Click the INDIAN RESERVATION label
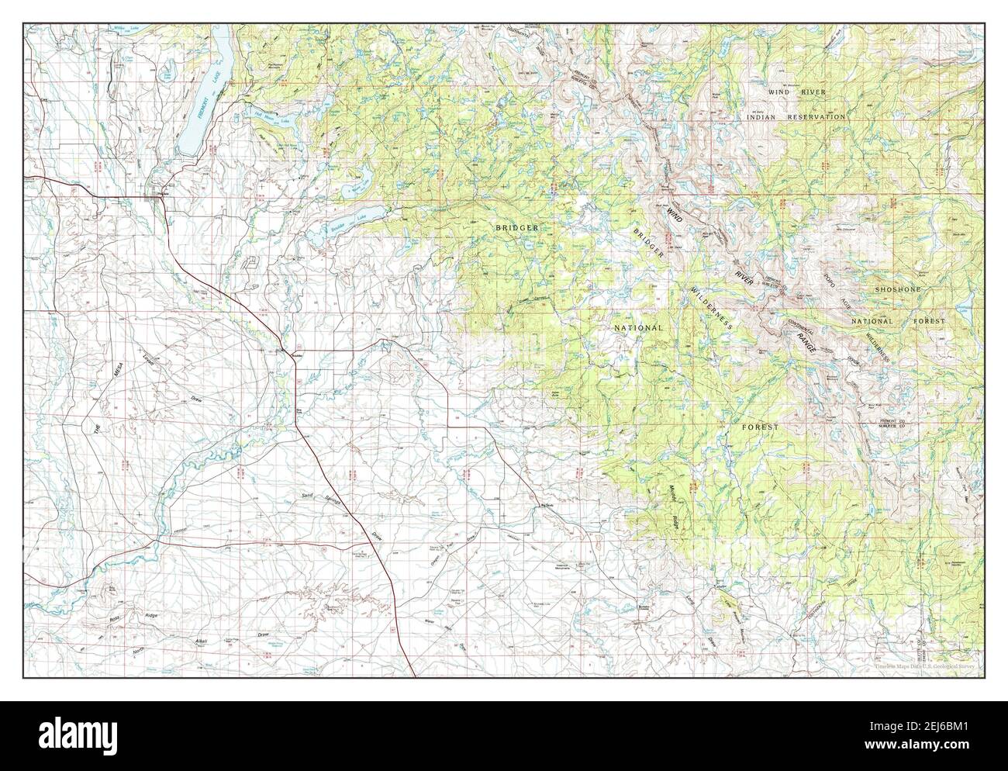click(796, 116)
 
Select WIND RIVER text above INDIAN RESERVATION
click(797, 92)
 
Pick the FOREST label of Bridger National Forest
click(759, 427)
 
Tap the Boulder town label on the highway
click(294, 355)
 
